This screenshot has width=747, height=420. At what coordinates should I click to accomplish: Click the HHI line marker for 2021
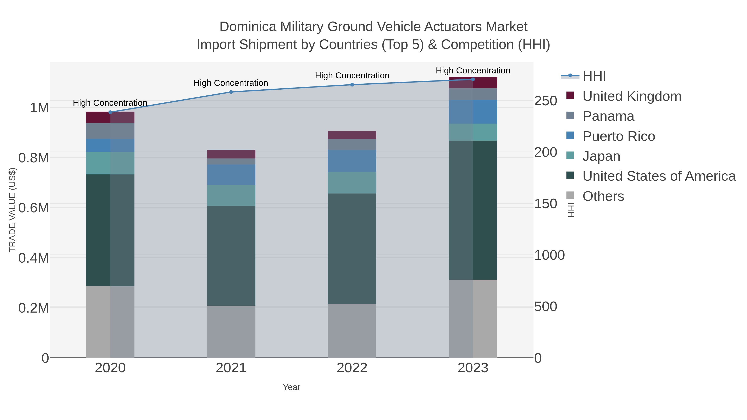tap(231, 92)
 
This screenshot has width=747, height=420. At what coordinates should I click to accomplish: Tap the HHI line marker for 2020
tap(110, 112)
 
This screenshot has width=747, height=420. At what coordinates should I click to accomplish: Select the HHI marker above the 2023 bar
tap(473, 79)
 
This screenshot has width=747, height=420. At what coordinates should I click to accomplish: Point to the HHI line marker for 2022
tap(352, 85)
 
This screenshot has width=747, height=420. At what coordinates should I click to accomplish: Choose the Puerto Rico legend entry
tap(618, 136)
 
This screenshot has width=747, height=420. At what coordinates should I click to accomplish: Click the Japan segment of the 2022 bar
tap(352, 183)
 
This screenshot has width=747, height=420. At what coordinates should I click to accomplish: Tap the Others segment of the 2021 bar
tap(231, 332)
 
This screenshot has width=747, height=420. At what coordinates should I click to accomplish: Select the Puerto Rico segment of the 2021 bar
tap(231, 175)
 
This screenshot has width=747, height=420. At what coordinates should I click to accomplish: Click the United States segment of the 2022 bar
tap(352, 249)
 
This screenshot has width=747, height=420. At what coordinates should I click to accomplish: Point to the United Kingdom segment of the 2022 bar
tap(352, 135)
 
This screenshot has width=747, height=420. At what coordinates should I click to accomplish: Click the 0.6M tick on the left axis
tap(33, 208)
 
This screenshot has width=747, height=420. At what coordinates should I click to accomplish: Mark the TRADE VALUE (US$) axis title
tap(12, 210)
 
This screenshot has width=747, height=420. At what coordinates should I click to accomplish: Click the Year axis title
tap(292, 387)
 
